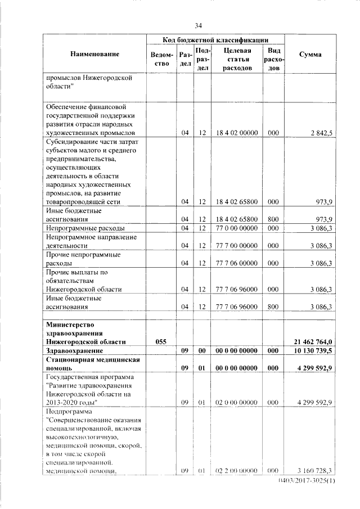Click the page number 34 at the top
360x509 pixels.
click(x=198, y=25)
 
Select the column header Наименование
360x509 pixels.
click(x=95, y=54)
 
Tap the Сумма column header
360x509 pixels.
click(x=310, y=55)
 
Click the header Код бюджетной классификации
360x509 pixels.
click(x=215, y=39)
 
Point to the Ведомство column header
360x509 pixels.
click(x=161, y=58)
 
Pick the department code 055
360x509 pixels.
click(x=161, y=341)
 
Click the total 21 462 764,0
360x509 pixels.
click(x=313, y=341)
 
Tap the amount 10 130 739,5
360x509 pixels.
click(x=313, y=350)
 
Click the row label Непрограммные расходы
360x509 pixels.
click(x=85, y=228)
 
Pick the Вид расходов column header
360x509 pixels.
click(x=273, y=58)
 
